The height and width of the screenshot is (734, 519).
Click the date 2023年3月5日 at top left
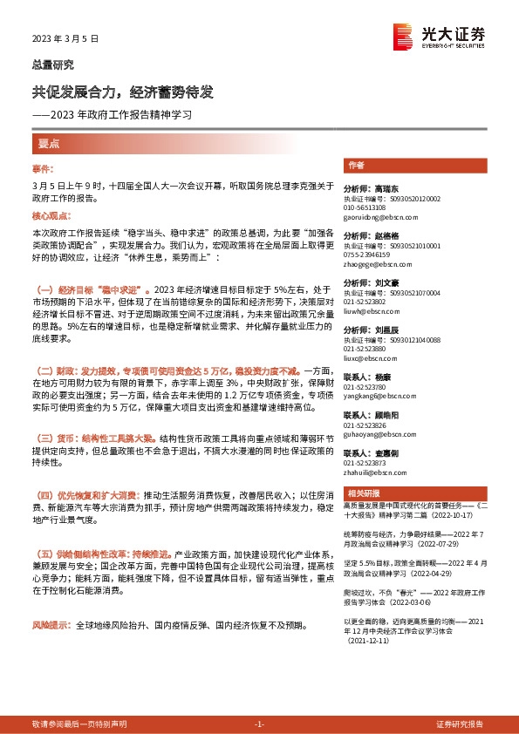pyautogui.click(x=65, y=39)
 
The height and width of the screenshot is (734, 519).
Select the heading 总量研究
pyautogui.click(x=53, y=65)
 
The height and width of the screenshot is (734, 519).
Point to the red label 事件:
pyautogui.click(x=43, y=168)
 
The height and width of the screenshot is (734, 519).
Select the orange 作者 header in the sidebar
pyautogui.click(x=356, y=165)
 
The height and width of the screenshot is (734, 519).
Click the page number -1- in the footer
pyautogui.click(x=258, y=724)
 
